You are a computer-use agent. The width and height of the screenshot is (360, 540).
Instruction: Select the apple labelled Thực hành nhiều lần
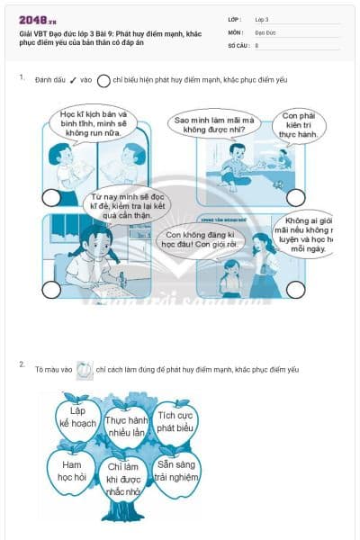tap(127, 426)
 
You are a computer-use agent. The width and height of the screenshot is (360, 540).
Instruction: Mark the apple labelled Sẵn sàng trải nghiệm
tap(175, 471)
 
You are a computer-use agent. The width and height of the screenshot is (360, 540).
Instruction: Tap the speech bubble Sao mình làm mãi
tap(214, 125)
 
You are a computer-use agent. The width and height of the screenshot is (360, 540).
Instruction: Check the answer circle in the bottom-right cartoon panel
tap(293, 288)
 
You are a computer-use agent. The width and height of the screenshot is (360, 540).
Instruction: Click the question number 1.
tap(22, 78)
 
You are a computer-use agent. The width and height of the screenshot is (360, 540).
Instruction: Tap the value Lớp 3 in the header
tap(262, 19)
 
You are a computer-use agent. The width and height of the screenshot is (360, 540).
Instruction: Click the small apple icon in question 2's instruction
tap(84, 368)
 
